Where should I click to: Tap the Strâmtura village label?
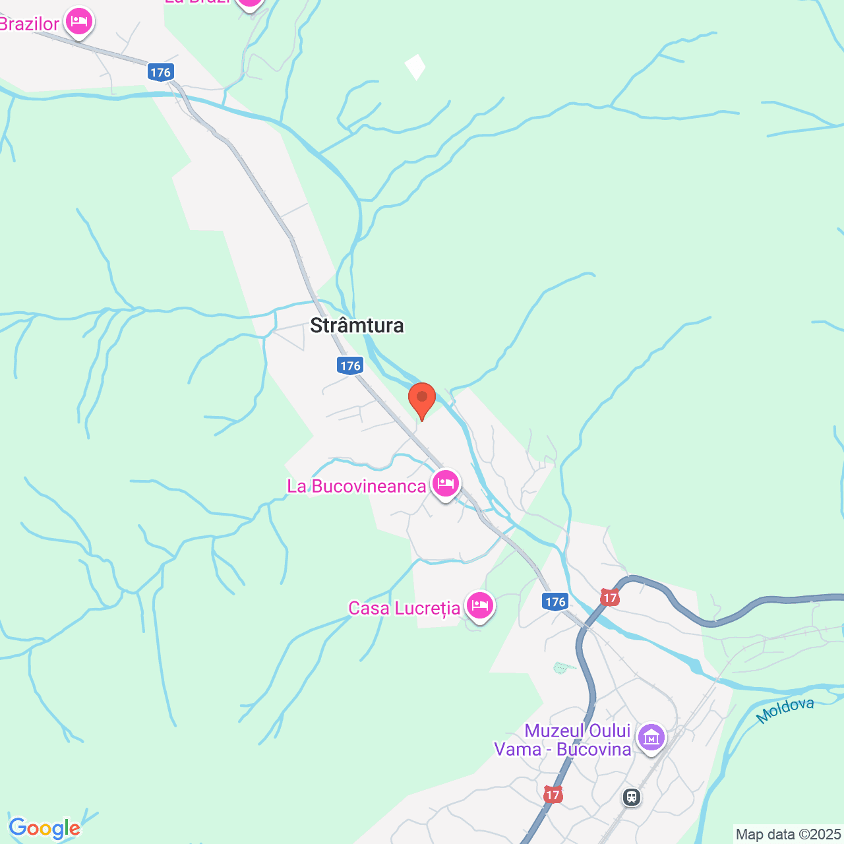(x=357, y=325)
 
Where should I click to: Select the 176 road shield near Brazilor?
(x=160, y=73)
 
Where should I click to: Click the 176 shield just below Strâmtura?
(x=350, y=365)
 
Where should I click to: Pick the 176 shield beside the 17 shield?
(x=556, y=601)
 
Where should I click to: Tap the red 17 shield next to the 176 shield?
(x=610, y=598)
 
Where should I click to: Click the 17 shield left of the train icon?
(x=553, y=795)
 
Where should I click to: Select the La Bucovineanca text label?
(x=357, y=487)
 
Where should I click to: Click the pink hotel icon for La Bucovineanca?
(x=446, y=484)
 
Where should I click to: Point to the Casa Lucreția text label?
(x=404, y=608)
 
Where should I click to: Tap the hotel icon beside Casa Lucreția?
(x=479, y=605)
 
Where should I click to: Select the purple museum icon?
(x=651, y=737)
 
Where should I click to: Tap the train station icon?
(x=632, y=797)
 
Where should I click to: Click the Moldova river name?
(x=785, y=710)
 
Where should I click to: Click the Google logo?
(x=44, y=828)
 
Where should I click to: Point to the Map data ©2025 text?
(x=788, y=835)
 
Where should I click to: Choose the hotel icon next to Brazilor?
(x=79, y=21)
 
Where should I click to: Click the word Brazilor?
(x=30, y=24)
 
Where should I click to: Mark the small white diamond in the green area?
(x=415, y=67)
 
